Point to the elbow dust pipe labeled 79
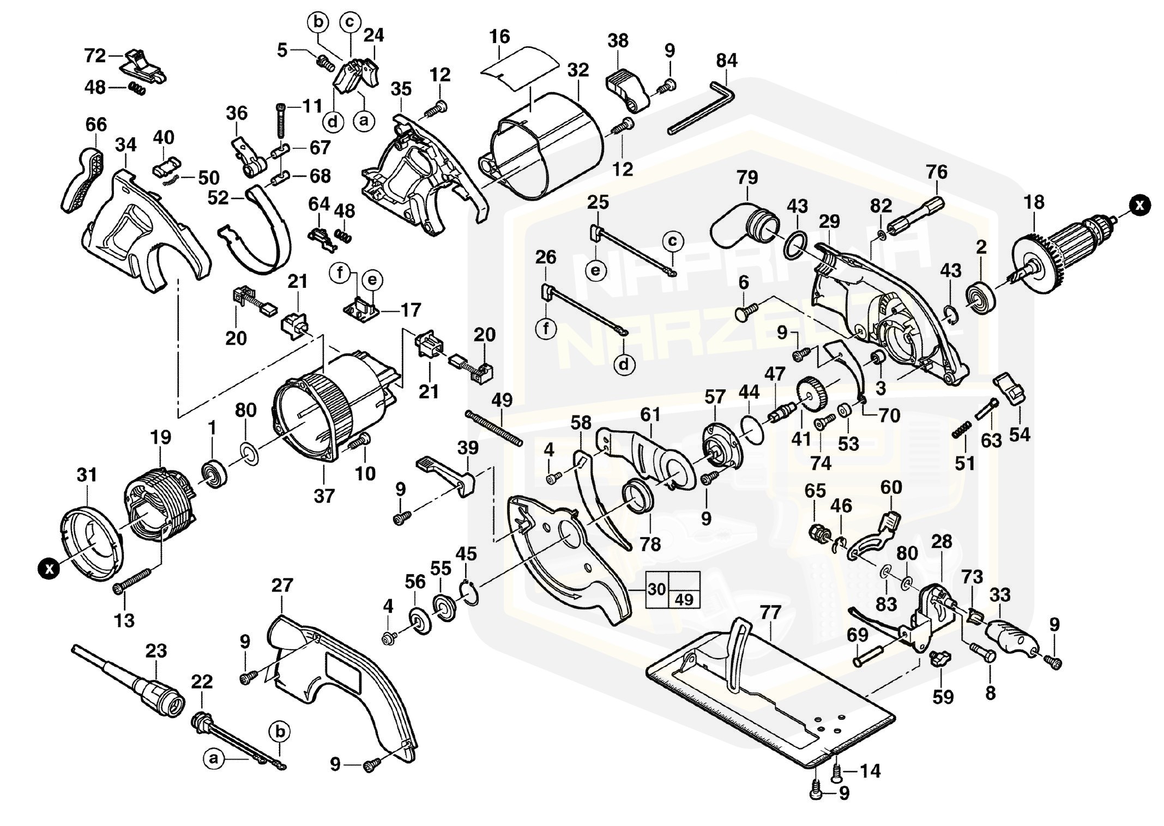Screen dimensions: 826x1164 pyautogui.click(x=742, y=224)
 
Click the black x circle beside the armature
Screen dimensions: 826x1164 pyautogui.click(x=1139, y=205)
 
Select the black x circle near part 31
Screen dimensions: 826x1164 pyautogui.click(x=50, y=569)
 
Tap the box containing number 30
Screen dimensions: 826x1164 pyautogui.click(x=658, y=589)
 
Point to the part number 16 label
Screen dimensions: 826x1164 pyautogui.click(x=499, y=37)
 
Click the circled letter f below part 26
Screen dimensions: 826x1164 pyautogui.click(x=547, y=329)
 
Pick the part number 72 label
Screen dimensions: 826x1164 pyautogui.click(x=95, y=56)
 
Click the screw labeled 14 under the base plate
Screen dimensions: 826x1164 pyautogui.click(x=837, y=772)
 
